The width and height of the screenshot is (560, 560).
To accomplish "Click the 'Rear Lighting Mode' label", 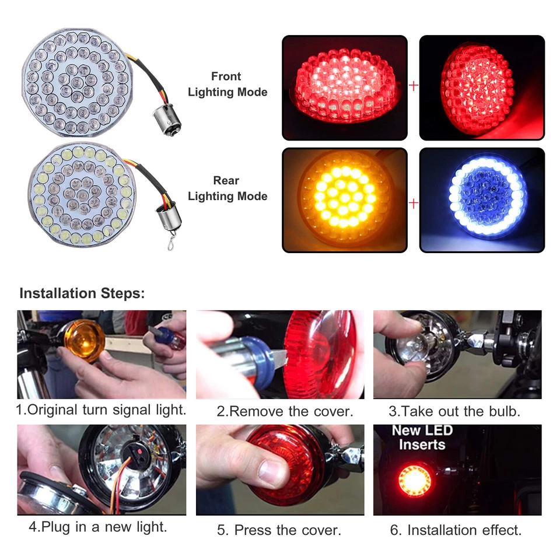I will (x=227, y=188).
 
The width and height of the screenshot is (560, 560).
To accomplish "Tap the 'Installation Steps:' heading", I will (x=82, y=293).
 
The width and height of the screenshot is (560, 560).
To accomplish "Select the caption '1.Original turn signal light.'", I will (x=101, y=410).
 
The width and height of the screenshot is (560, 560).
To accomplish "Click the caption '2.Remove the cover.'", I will (x=285, y=411).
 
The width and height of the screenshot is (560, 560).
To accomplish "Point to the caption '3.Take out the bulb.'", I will (x=454, y=411).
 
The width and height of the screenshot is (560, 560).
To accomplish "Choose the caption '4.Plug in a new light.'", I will (x=98, y=527).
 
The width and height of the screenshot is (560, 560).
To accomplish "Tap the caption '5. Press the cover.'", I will (x=279, y=530).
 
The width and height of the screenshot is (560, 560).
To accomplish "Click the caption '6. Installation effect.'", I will (x=456, y=530).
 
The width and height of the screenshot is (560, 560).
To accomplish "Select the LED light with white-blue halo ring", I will (x=481, y=199).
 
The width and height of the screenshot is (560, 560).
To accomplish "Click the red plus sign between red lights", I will (x=414, y=86).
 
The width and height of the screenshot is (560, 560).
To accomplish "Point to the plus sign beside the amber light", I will (x=414, y=204).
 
